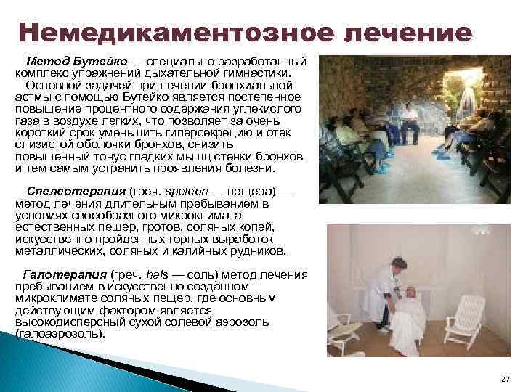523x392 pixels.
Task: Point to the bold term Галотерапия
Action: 65,275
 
